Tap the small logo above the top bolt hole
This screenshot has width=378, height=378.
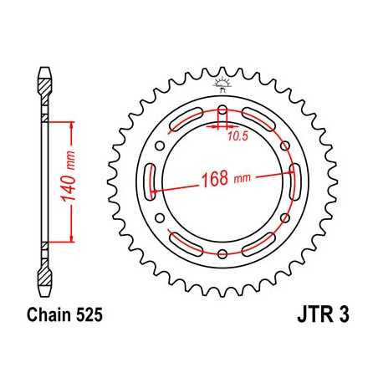pos(222,84)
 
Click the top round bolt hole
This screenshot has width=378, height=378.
pos(222,113)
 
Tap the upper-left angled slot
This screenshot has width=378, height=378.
pos(185,122)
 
